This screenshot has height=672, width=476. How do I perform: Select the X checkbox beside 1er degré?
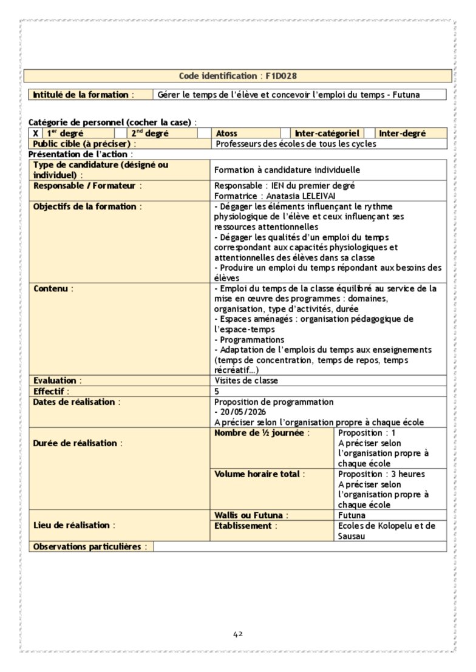coord(36,134)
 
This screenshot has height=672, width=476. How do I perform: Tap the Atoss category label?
coord(226,134)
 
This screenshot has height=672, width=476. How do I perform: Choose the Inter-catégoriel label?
coord(327,134)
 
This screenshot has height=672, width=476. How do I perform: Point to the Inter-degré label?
coord(403,134)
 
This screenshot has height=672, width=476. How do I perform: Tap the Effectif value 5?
coord(217,392)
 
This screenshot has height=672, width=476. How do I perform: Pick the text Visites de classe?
coord(246,381)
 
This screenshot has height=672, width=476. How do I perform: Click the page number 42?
coord(238,634)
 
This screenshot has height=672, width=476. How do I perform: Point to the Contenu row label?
coord(50,288)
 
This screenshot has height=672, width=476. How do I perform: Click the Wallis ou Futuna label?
coord(248,515)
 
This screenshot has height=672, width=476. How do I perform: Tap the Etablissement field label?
coord(242,526)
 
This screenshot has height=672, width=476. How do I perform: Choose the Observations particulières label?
coord(87,546)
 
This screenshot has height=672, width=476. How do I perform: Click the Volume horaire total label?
coord(257,473)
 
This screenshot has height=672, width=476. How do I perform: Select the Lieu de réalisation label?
coord(71,525)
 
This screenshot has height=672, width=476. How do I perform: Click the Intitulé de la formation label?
coord(81,95)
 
